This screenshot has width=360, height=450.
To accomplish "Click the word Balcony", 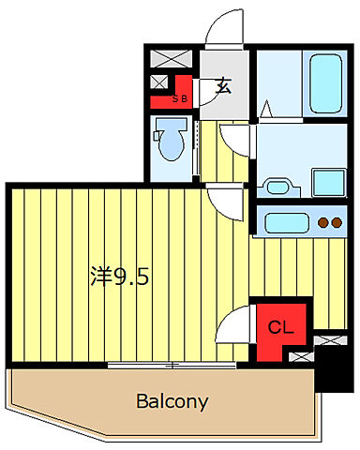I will pos(172,402).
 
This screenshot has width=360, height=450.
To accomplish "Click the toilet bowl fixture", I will pos(172,142).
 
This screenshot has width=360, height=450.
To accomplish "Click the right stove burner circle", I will pos(337,223).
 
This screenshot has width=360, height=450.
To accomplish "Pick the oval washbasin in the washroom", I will pos(277,185).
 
